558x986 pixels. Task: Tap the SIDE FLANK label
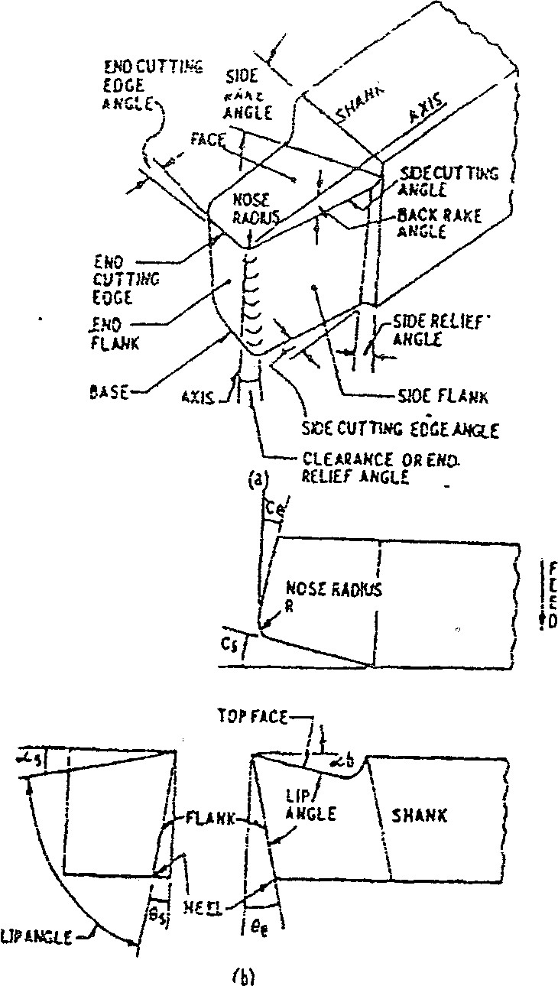click(440, 397)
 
